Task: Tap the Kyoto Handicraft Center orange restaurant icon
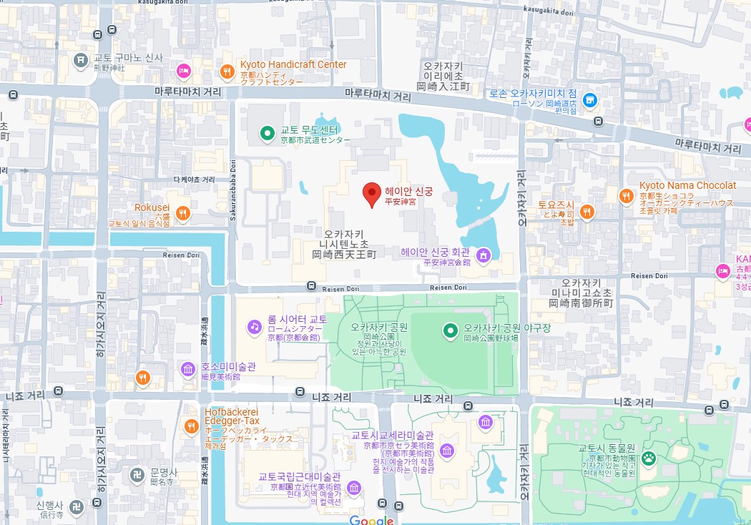point(227,70)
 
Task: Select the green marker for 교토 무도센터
point(267,132)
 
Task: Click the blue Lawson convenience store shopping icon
point(589,100)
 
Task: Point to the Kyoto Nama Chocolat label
point(687,185)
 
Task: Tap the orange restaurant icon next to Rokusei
point(183,212)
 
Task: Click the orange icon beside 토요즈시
point(586,211)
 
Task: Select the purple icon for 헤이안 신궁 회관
point(483,255)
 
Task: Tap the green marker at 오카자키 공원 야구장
point(450,330)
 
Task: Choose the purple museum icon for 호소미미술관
point(187,369)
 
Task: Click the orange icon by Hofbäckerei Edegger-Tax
point(191,427)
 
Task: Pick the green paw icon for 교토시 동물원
point(649,458)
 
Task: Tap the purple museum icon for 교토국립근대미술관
point(353,488)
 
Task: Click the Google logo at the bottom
point(371,520)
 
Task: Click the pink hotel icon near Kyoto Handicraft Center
point(183,70)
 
